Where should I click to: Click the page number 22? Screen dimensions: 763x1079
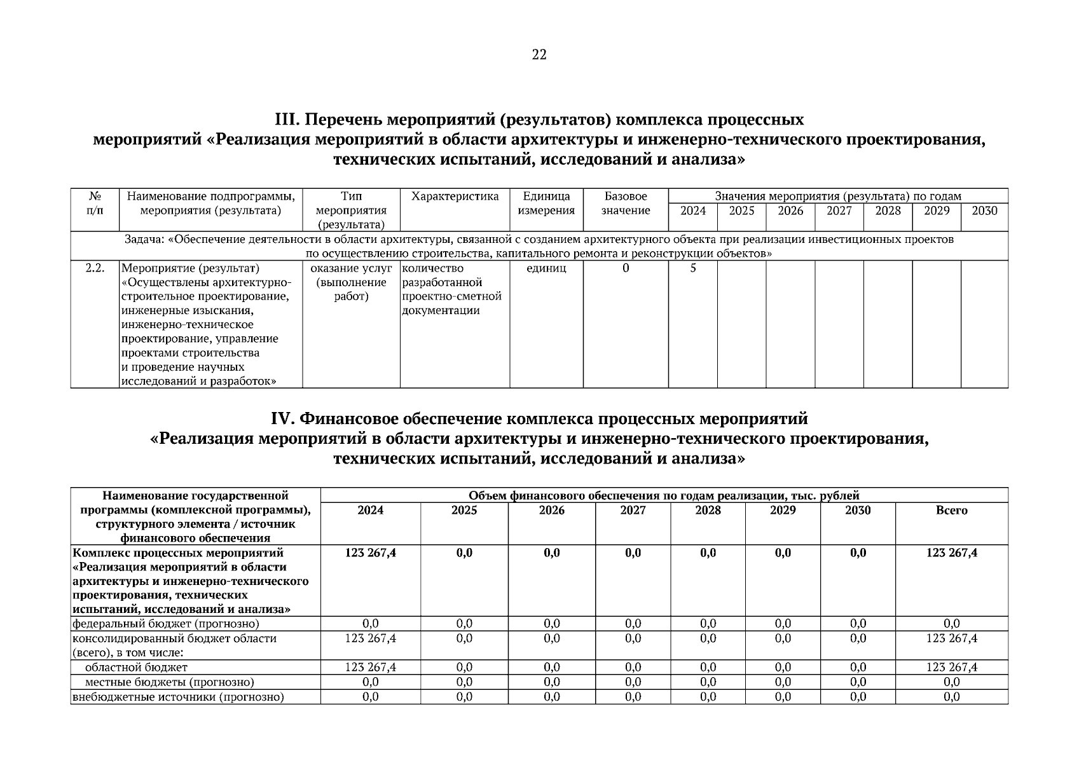pos(539,55)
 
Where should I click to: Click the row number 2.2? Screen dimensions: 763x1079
pos(95,268)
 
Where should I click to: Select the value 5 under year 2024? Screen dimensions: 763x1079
pos(693,268)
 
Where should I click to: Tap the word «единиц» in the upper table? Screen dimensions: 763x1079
pos(546,268)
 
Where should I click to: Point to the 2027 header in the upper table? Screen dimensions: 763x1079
pos(839,211)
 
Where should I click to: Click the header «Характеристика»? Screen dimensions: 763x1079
pos(455,196)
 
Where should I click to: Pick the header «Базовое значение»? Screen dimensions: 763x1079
pos(626,203)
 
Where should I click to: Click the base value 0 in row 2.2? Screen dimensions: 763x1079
pos(626,268)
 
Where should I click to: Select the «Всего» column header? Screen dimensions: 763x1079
pos(951,511)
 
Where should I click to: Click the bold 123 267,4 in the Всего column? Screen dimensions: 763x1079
pos(951,553)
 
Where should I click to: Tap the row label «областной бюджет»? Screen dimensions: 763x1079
pos(136,668)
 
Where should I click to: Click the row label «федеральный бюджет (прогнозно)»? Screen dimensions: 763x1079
pos(166,624)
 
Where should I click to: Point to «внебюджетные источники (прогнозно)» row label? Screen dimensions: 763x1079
pos(178,697)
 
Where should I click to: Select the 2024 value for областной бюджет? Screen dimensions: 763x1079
pos(370,668)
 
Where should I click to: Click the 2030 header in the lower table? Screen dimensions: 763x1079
pos(857,511)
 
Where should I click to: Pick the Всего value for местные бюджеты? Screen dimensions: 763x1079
pos(951,682)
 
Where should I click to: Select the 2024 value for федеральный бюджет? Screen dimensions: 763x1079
pos(370,624)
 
